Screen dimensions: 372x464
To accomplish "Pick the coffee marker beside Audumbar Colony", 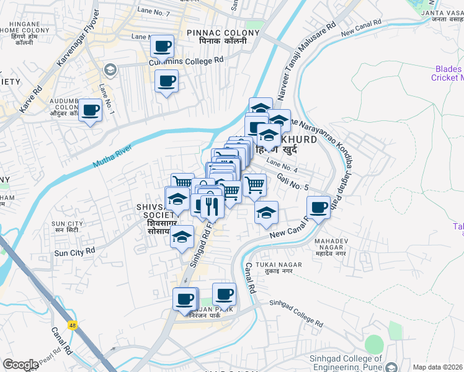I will pos(91,111).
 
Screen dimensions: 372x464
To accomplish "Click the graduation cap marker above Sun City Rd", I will pos(182,237).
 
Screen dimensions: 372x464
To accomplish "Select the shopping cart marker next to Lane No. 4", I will pos(254,184).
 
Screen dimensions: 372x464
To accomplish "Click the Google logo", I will pos(20,365).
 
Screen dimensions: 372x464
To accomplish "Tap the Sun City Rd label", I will pos(74,252).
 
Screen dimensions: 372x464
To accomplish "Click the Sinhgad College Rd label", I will pos(296,314).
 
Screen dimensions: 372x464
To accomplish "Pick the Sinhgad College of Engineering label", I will pos(354,362).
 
